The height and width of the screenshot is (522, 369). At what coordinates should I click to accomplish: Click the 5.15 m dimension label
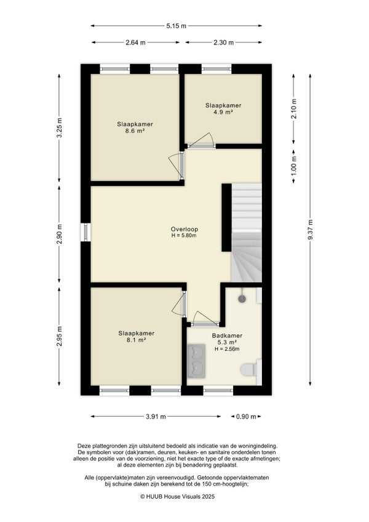tap(176, 26)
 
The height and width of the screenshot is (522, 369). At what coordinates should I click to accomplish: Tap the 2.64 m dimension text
tap(135, 42)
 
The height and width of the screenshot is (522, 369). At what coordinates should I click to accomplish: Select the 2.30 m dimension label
tap(224, 42)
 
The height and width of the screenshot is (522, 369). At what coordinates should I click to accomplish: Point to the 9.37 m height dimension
tap(310, 230)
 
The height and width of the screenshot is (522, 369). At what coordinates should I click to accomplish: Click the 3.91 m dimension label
tap(156, 417)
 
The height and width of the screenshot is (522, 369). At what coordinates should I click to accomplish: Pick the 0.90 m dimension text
tap(246, 417)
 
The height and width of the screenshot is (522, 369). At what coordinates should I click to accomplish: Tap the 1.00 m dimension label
tap(293, 167)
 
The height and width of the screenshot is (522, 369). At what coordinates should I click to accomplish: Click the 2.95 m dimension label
tap(59, 336)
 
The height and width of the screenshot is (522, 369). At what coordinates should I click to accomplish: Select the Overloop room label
tap(184, 229)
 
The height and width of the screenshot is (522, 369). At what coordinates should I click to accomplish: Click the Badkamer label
tap(228, 335)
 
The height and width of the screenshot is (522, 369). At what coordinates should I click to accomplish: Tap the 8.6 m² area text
tap(135, 131)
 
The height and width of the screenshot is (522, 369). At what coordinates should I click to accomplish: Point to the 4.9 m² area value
tap(223, 112)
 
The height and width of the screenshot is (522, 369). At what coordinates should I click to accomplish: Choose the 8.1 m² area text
tap(137, 340)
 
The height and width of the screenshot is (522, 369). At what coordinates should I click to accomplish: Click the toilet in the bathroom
tap(250, 369)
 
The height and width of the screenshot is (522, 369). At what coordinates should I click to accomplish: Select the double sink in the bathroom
tap(196, 361)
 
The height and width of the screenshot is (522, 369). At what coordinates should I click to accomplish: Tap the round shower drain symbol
tap(242, 299)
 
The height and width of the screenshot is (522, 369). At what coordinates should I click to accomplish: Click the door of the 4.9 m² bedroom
tap(202, 141)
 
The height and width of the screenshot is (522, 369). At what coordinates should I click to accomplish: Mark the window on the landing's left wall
tap(85, 231)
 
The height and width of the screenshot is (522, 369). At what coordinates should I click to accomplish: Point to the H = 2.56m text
tap(228, 349)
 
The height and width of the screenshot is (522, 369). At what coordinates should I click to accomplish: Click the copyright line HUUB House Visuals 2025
tap(177, 496)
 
